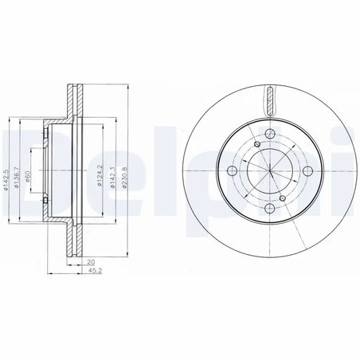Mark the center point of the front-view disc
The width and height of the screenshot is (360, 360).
pyautogui.click(x=269, y=170)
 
